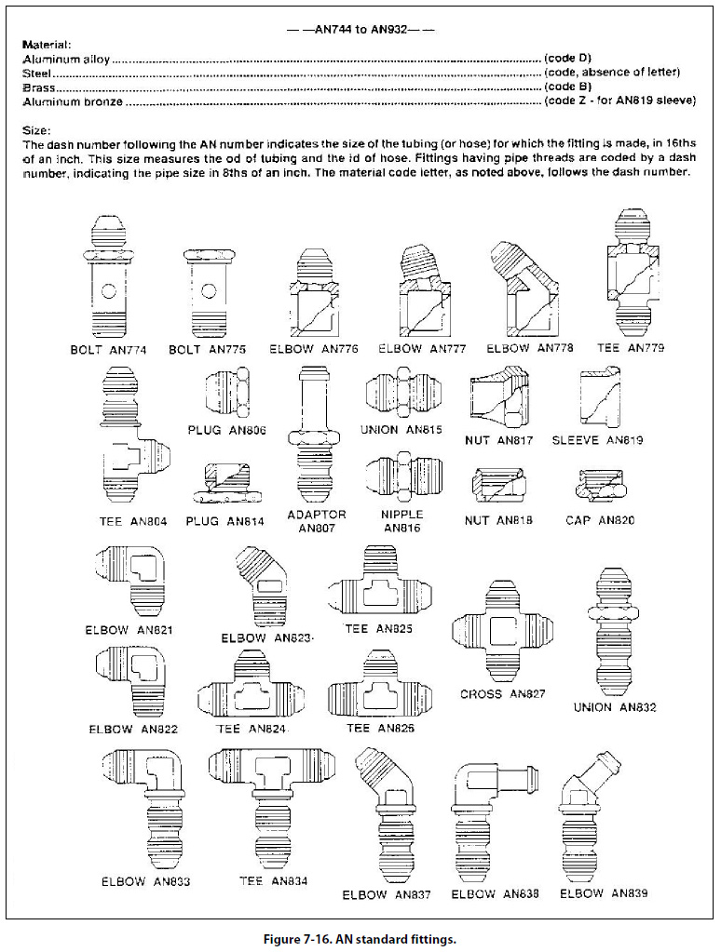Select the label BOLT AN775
pos(207,350)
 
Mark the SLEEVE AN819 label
pos(597,440)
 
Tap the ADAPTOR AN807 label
pos(317,521)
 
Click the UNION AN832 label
pos(614,707)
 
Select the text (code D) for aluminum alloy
pos(567,59)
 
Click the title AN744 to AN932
pos(360,29)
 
